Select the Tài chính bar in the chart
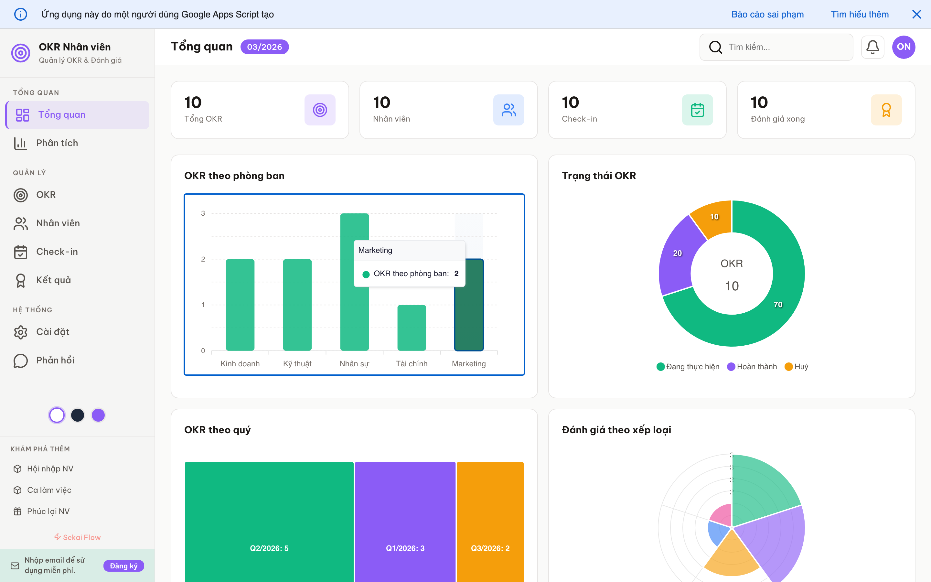[x=411, y=328]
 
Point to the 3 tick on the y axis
[x=203, y=213]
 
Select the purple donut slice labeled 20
[x=677, y=256]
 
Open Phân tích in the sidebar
[x=57, y=143]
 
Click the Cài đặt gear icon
[x=21, y=332]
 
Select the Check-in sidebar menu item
[x=57, y=252]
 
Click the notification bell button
[x=872, y=47]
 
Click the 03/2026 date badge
[x=264, y=47]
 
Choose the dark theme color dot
[x=78, y=415]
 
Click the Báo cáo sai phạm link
[x=767, y=15]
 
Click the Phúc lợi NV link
[x=48, y=511]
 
